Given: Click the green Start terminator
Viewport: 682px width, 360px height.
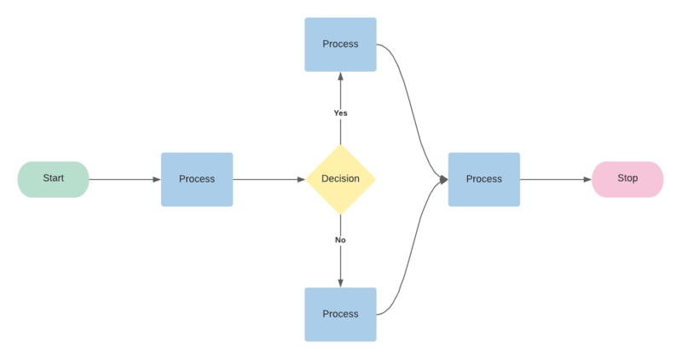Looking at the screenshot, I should (x=53, y=179).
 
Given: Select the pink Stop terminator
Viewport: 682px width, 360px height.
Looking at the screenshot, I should (x=627, y=179).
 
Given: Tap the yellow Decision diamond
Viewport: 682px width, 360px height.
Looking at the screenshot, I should (x=340, y=179).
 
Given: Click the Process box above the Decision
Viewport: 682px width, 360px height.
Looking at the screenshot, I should (x=340, y=44).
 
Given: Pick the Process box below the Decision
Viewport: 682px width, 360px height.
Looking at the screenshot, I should (x=340, y=314).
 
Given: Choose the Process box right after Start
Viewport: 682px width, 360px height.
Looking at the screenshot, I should (x=197, y=179).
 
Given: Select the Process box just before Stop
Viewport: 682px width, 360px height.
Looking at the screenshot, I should (x=484, y=179).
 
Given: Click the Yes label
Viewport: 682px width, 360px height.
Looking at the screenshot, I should (x=340, y=113).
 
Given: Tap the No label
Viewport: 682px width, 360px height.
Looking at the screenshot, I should (x=340, y=240).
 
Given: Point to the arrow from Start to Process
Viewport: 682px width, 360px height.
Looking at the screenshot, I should (x=124, y=179).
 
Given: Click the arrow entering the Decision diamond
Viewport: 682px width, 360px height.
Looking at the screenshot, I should (x=269, y=179).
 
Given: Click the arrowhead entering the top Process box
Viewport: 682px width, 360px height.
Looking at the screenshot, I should (x=340, y=76).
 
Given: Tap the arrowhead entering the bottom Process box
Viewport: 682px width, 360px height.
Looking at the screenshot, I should (x=340, y=282).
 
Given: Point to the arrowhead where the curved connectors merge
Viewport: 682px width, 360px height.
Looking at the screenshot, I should (x=444, y=179).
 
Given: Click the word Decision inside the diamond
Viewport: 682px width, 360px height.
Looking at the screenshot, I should (x=340, y=179).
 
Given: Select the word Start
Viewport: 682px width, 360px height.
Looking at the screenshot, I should (x=53, y=178).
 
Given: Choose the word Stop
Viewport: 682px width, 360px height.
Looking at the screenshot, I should (x=627, y=178).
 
